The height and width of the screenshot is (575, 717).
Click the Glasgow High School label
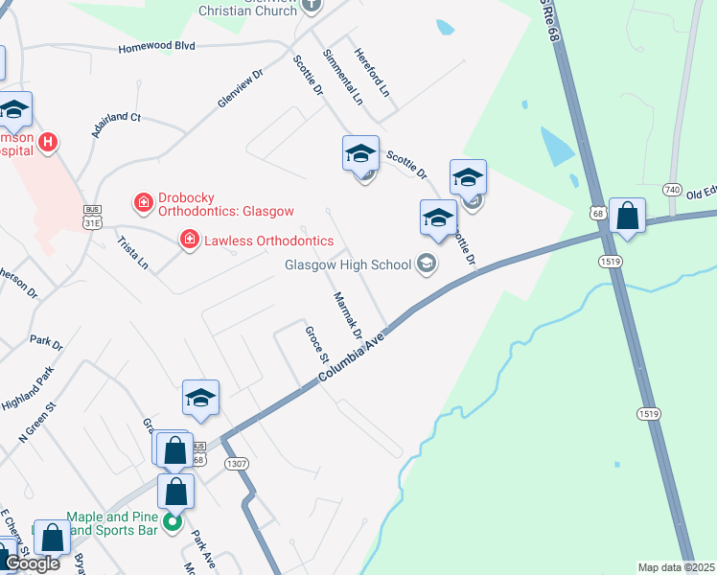tap(346, 264)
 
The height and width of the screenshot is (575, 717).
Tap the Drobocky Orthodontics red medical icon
tap(143, 202)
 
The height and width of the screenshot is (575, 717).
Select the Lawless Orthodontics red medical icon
tap(190, 240)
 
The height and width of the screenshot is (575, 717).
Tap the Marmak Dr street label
tap(346, 315)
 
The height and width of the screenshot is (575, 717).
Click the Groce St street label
tap(315, 343)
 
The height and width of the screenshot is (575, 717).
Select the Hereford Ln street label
tap(372, 73)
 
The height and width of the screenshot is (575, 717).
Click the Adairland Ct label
tap(116, 126)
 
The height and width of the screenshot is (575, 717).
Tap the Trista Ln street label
tap(132, 248)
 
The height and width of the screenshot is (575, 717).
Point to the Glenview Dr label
tap(240, 88)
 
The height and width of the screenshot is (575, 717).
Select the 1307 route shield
tap(237, 463)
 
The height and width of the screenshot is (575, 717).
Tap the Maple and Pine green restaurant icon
tap(173, 522)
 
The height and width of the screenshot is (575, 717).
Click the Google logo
tap(33, 564)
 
